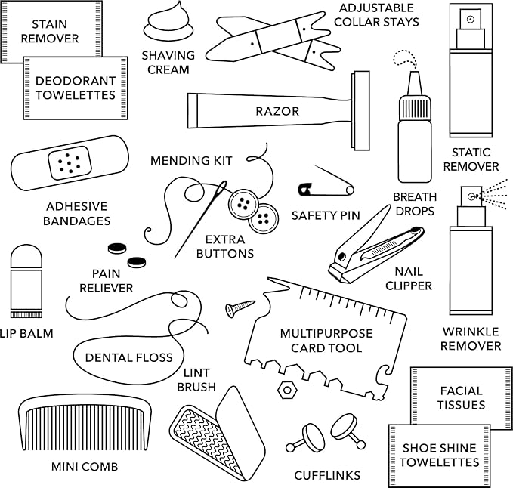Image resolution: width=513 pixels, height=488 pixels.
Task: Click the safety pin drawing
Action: coord(325,186)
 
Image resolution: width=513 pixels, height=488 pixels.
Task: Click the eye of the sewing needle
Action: coord(224,187)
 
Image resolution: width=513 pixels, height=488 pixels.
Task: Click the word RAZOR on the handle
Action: coord(277,111)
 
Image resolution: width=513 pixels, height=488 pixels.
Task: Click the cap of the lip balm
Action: coord(26,257)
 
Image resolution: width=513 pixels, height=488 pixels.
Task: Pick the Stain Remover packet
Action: coord(50,30)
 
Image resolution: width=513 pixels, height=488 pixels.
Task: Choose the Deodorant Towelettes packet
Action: coord(74,88)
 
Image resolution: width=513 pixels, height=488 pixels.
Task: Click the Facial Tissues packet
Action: coord(461,397)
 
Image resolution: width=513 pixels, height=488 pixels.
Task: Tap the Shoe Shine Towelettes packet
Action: coord(439,455)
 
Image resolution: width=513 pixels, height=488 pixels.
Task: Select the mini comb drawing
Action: coord(83,423)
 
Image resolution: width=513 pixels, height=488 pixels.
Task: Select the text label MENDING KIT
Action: coord(191,161)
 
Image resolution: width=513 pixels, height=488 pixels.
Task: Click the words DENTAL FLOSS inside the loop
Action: coord(128,357)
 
